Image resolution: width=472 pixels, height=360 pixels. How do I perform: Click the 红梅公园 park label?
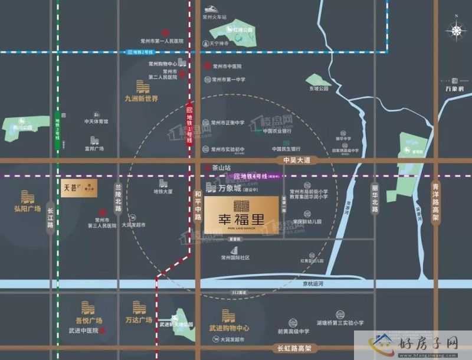pyautogui.click(x=242, y=28)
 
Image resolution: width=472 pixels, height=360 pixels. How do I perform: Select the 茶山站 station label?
pyautogui.click(x=221, y=168)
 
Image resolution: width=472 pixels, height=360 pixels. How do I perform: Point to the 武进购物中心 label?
pyautogui.click(x=228, y=327)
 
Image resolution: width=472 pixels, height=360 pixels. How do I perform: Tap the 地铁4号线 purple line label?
pyautogui.click(x=255, y=176)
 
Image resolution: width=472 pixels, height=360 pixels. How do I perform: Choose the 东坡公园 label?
pyautogui.click(x=317, y=89)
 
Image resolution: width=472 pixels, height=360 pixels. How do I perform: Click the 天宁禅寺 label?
pyautogui.click(x=222, y=42)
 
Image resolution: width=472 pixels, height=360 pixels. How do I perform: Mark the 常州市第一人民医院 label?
pyautogui.click(x=162, y=42)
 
